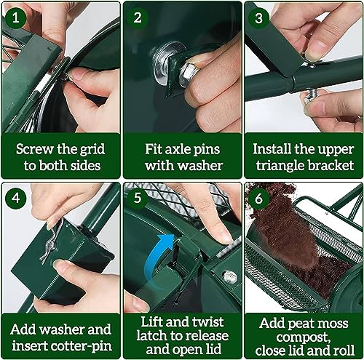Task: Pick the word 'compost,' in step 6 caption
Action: (303, 335)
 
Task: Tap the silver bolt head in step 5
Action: (229, 276)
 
